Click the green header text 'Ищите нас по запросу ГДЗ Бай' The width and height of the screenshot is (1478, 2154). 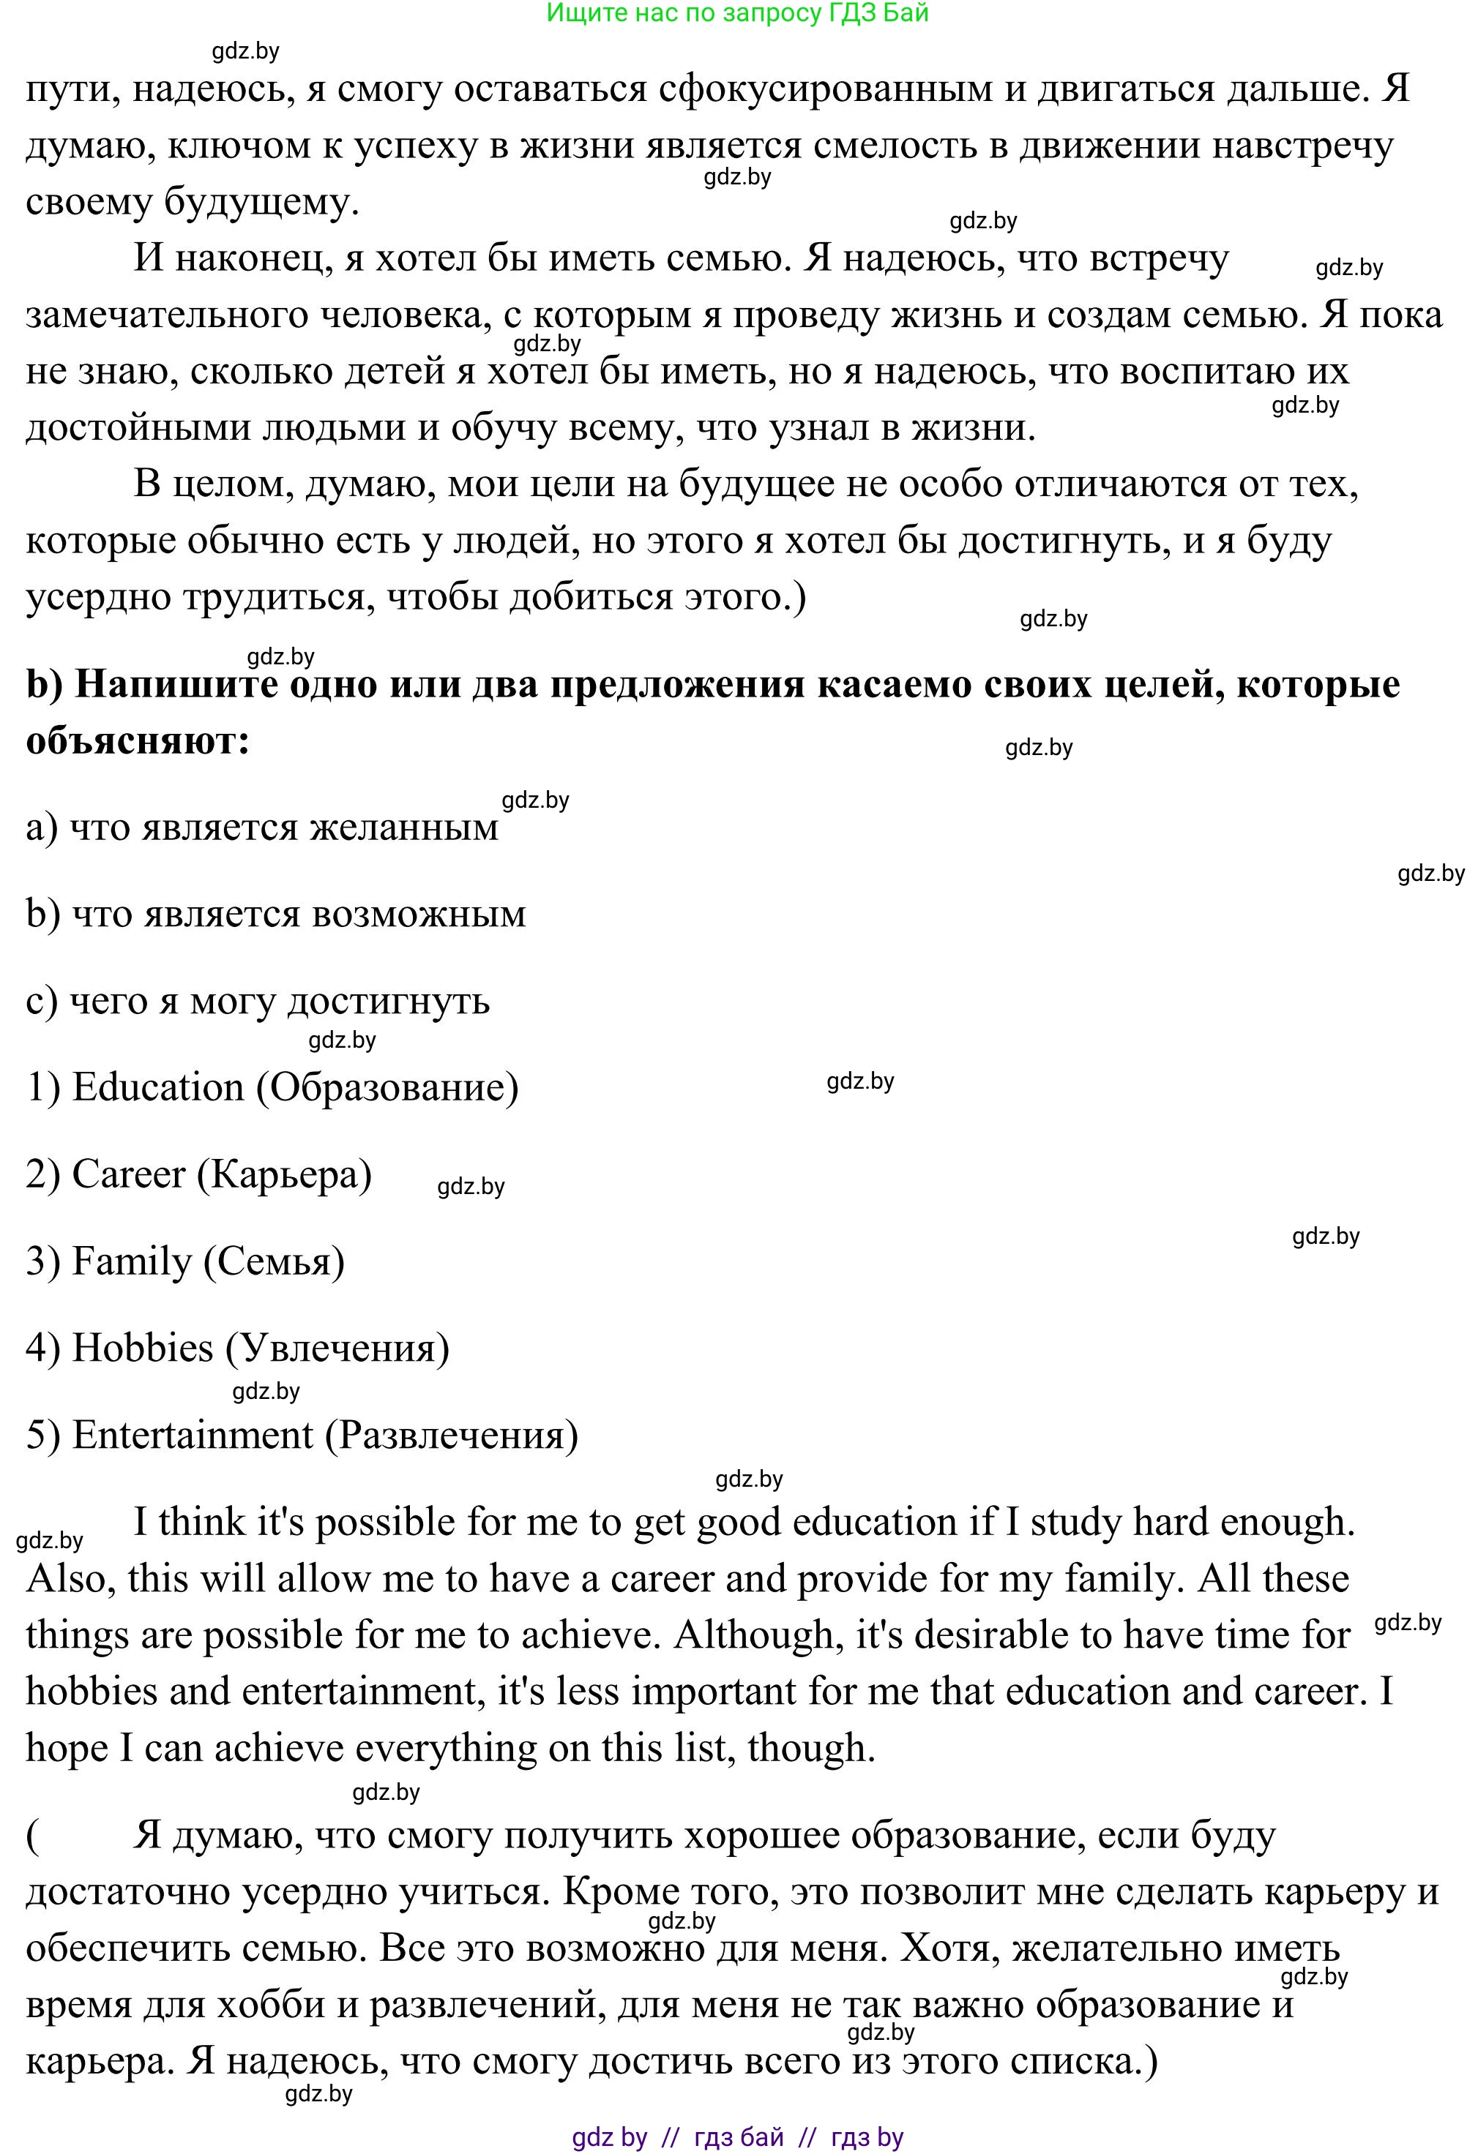tap(737, 13)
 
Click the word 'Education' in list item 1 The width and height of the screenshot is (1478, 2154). tap(157, 1087)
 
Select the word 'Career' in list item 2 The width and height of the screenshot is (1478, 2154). tap(128, 1174)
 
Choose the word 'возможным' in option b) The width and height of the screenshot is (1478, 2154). tap(419, 914)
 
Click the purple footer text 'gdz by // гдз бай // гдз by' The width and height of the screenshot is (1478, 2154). tap(737, 2137)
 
